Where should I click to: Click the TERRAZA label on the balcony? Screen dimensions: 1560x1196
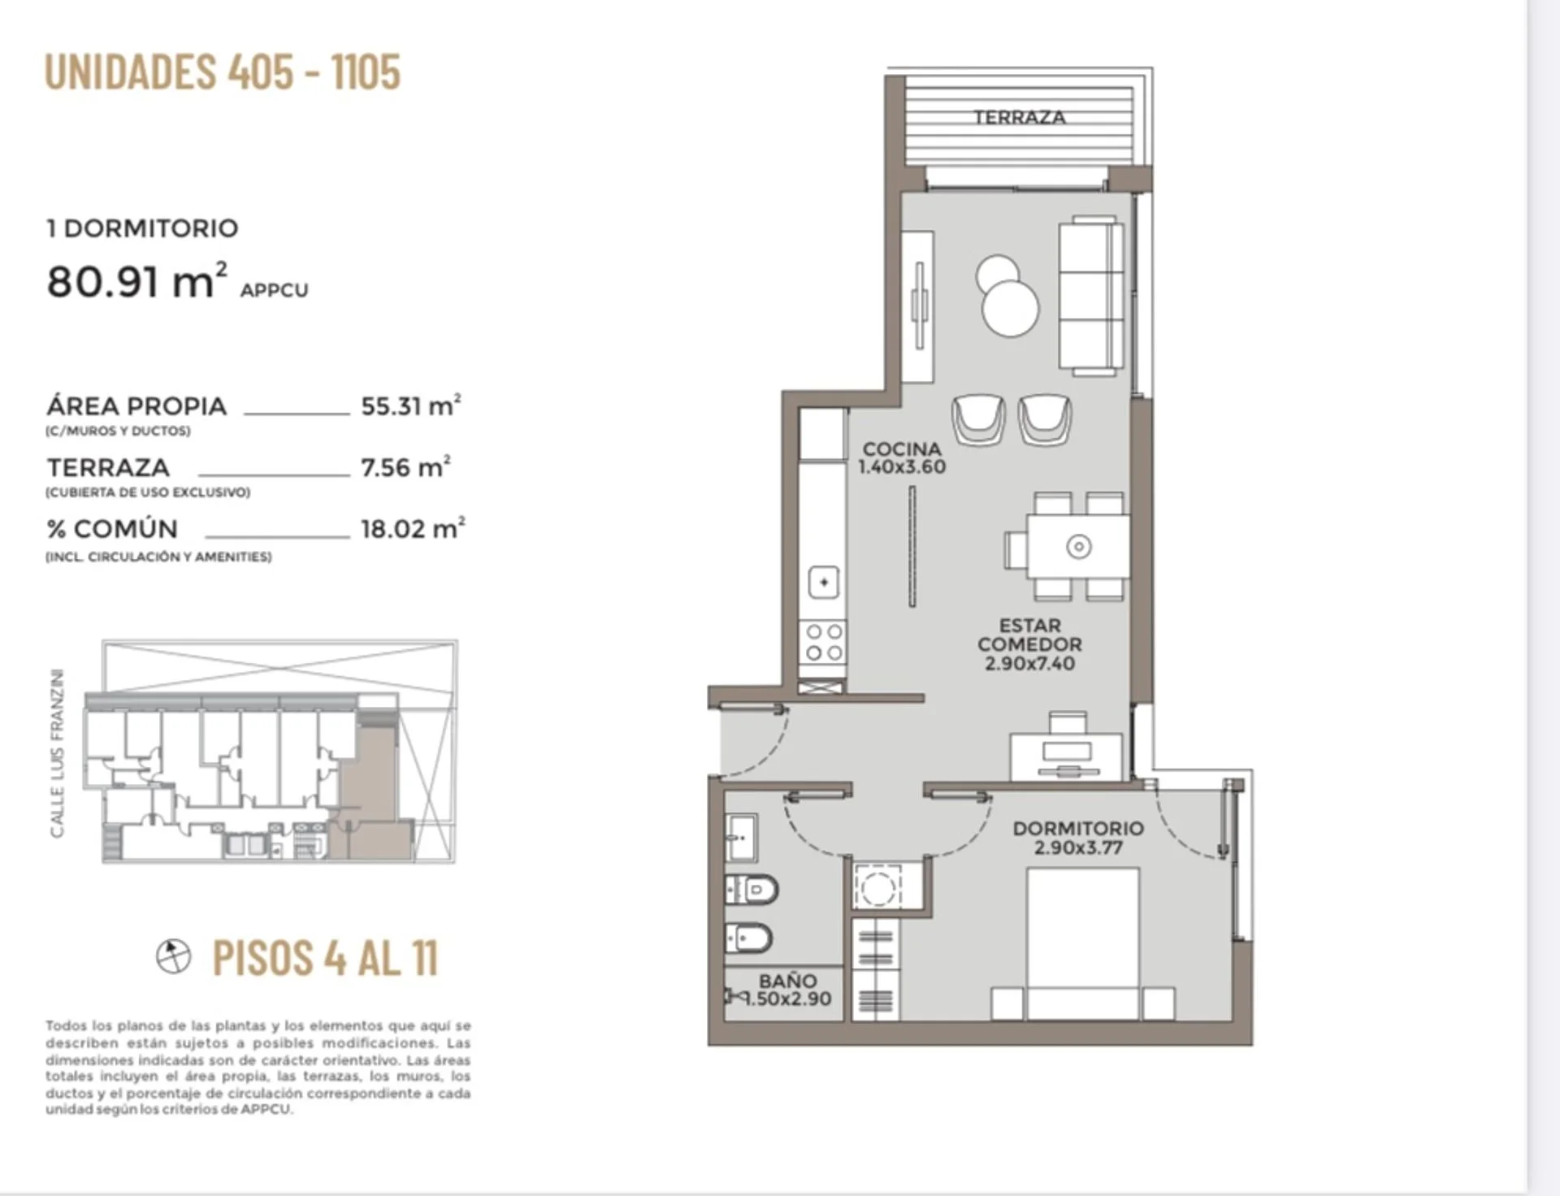1020,117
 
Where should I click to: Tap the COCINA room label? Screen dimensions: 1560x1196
902,448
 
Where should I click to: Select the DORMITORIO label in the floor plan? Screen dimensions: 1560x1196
1078,828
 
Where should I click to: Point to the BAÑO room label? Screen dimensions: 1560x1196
787,981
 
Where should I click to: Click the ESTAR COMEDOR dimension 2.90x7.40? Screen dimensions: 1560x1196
1029,663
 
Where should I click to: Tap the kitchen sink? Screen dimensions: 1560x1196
824,582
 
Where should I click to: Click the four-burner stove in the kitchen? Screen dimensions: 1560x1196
824,643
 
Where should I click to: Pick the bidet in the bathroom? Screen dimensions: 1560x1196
748,939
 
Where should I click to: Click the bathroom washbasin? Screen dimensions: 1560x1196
740,837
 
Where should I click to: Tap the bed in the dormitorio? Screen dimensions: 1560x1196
1082,943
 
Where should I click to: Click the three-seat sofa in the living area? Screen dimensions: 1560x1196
1091,296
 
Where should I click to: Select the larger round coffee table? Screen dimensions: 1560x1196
1011,308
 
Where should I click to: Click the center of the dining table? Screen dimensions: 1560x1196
1078,546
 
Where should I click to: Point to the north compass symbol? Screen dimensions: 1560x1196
173,956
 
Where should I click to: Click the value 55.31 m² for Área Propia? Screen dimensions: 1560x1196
411,405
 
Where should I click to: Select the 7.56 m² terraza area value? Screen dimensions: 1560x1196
406,466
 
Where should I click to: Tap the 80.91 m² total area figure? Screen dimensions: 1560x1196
136,281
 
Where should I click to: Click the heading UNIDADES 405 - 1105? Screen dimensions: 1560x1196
223,71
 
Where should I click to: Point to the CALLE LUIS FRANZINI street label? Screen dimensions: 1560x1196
56,753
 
